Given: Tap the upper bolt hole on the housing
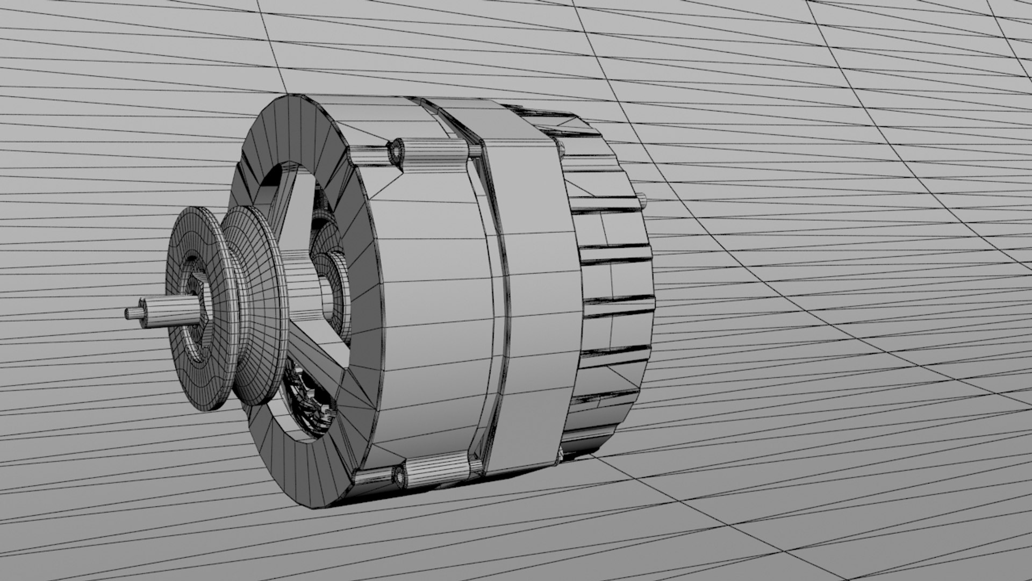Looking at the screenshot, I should (398, 151).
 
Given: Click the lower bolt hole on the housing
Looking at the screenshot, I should (400, 474).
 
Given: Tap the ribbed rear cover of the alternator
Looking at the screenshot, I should (613, 280).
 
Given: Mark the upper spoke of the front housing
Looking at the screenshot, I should (290, 194).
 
